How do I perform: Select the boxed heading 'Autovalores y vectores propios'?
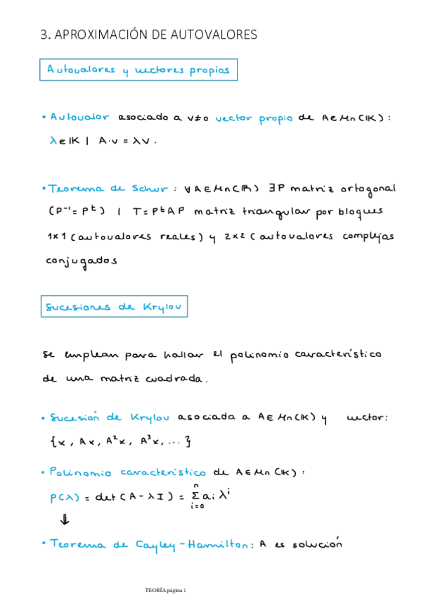coord(138,70)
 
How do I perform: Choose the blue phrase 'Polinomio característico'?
coord(129,472)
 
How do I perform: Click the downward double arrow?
coord(65,520)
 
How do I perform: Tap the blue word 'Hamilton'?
coord(214,544)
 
